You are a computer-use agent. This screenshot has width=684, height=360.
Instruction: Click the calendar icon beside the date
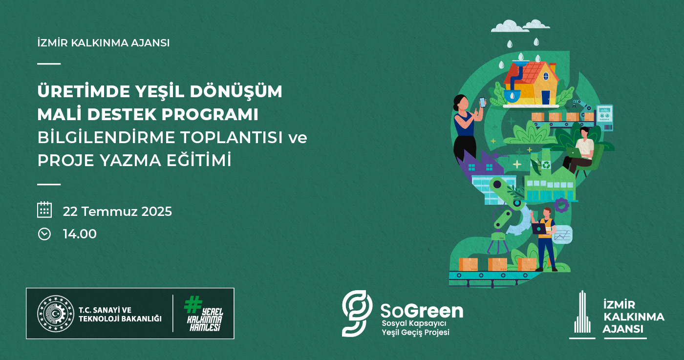44,210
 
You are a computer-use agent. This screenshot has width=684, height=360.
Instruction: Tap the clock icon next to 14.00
44,234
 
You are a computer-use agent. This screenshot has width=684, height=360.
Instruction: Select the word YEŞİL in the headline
158,91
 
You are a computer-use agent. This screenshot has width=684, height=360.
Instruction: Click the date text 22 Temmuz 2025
117,212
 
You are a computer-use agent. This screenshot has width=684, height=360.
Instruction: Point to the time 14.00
80,234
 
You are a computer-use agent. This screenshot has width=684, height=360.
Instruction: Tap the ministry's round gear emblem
56,314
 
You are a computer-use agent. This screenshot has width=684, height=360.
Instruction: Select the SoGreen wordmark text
422,311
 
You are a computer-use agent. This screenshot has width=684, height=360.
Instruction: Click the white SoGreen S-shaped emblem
357,313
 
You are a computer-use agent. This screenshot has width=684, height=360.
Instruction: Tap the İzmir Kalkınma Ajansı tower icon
582,314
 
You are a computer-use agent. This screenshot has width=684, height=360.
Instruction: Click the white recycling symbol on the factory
546,165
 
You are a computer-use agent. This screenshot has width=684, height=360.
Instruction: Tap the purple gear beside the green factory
561,205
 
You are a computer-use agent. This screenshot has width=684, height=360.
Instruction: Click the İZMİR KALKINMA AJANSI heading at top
103,43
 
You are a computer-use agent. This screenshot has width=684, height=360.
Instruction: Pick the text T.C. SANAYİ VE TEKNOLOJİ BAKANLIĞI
120,314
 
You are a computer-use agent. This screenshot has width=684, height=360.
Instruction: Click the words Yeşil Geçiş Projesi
415,332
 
